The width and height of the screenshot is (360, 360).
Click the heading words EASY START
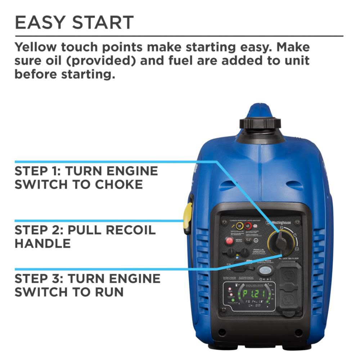74,22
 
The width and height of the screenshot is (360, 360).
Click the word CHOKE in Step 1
119,184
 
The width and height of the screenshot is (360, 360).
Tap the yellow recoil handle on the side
188,218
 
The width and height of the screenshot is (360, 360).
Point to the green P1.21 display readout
256,293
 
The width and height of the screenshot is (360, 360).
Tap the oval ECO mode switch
265,271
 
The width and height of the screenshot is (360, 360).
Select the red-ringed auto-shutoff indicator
248,226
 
